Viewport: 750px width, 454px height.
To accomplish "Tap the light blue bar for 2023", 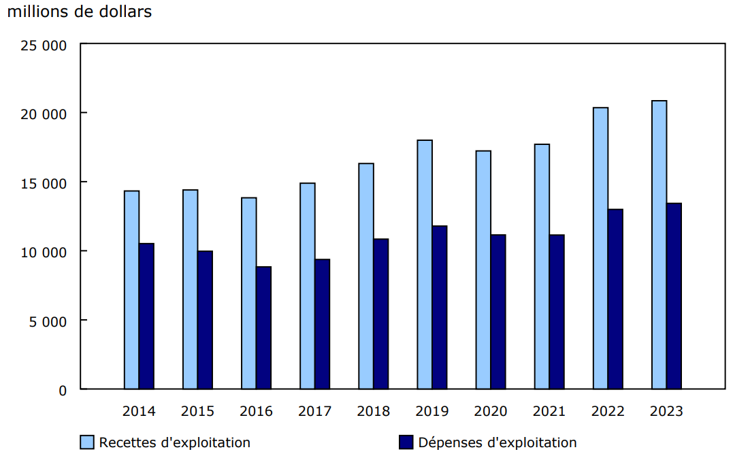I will point(659,245).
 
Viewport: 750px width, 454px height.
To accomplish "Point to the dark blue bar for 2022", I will point(615,299).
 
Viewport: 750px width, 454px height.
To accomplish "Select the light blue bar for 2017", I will point(308,286).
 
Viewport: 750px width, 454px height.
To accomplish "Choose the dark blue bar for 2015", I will point(205,320).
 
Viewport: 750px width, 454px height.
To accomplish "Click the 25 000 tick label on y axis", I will point(45,46).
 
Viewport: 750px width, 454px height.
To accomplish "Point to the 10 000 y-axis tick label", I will point(45,252).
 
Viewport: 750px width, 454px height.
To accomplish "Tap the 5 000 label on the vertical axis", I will point(49,321).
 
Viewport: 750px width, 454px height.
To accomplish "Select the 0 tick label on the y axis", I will point(63,390).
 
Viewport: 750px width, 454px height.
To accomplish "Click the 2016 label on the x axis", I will point(256,411).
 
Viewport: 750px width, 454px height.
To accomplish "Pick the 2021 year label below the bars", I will point(549,411).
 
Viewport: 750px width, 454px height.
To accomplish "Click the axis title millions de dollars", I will point(80,12).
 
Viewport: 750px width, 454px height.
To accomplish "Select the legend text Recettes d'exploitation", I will point(175,442).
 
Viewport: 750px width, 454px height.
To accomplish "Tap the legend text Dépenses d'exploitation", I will point(498,442).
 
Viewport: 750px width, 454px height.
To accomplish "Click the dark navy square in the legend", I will point(406,442).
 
